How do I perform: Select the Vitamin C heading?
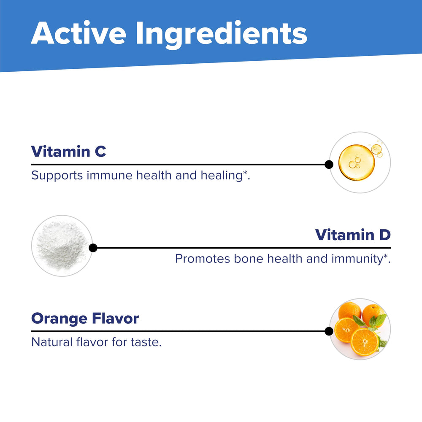(68, 151)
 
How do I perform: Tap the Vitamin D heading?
(353, 235)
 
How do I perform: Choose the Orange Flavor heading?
(85, 318)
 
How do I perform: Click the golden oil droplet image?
(357, 162)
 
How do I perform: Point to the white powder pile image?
(62, 246)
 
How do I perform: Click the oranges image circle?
(360, 329)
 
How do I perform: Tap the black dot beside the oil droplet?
(329, 164)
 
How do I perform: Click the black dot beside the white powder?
(93, 248)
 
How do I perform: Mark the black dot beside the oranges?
(329, 331)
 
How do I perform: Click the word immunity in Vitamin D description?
(357, 258)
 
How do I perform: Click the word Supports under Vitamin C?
(57, 175)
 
